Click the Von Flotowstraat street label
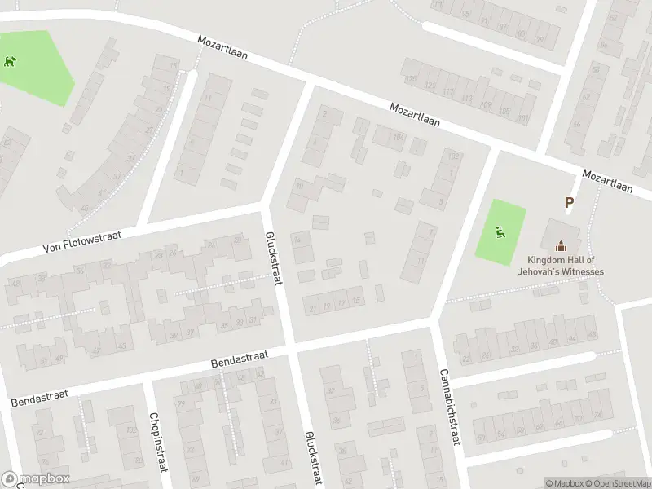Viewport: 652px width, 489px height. (83, 240)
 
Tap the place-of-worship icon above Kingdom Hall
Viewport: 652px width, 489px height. (560, 246)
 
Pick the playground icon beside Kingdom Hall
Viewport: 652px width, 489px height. (500, 231)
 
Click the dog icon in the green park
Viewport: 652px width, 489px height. (9, 61)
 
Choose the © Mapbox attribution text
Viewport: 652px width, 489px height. (566, 482)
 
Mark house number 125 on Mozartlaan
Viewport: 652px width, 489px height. (411, 79)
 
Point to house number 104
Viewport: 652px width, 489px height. (399, 138)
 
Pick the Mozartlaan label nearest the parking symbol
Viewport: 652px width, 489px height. (607, 181)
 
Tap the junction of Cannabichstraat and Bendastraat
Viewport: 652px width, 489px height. (437, 321)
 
